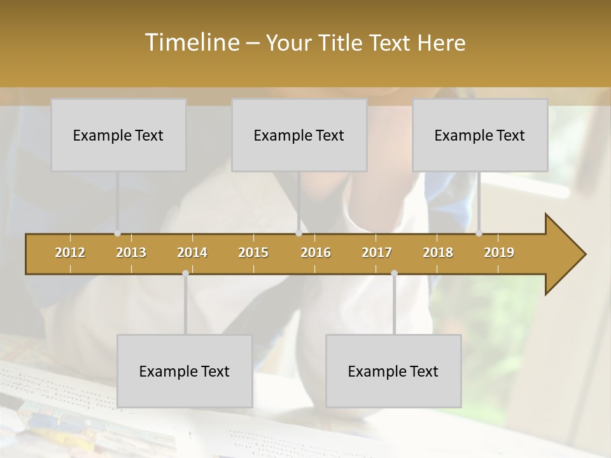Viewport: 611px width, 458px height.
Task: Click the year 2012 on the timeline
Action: tap(70, 253)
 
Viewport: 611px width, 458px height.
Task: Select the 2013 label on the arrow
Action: tap(131, 253)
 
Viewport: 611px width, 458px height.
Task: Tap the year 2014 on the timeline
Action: tap(192, 253)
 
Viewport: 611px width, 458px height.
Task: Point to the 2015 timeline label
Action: tap(253, 253)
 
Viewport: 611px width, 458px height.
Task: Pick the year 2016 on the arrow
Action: tap(316, 253)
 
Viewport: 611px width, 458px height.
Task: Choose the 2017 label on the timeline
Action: tap(377, 253)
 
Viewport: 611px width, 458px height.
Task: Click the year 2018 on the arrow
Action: tap(438, 253)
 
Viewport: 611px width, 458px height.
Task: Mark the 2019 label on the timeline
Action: tap(499, 253)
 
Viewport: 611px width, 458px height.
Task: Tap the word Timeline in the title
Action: tap(192, 43)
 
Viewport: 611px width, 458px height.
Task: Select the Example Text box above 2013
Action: tap(118, 135)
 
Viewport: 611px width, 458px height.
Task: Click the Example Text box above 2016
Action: tap(299, 135)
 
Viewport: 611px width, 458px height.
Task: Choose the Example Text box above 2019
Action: tap(480, 135)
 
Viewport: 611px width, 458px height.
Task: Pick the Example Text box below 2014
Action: tap(185, 371)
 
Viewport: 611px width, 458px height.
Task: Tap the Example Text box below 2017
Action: tap(393, 371)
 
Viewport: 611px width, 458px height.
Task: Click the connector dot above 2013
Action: tap(118, 233)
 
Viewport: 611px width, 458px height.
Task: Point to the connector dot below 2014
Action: tap(185, 274)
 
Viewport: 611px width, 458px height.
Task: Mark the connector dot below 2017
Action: tap(394, 274)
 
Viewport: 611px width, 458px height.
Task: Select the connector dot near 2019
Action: tap(479, 233)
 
